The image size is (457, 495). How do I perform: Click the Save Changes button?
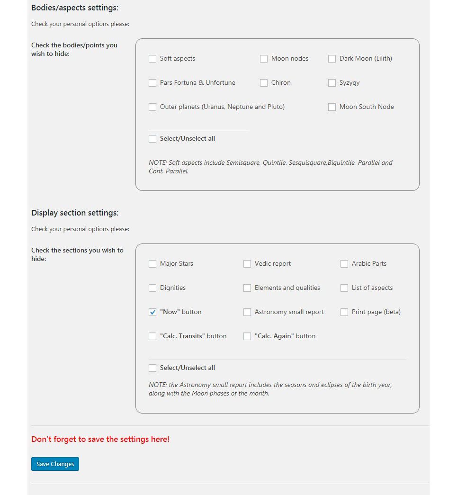click(x=55, y=464)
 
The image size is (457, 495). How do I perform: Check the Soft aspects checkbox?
click(x=152, y=59)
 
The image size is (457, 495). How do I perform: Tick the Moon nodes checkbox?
click(x=264, y=59)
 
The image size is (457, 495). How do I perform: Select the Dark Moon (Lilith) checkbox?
click(x=332, y=59)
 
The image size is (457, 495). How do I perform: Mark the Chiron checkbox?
click(x=264, y=83)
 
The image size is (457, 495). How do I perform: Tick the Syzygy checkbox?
click(x=332, y=83)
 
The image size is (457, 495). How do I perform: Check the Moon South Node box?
click(x=332, y=107)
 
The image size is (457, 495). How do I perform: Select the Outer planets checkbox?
click(x=152, y=107)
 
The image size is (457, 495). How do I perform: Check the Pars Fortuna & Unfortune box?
click(x=152, y=83)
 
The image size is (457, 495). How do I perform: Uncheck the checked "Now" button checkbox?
click(x=152, y=312)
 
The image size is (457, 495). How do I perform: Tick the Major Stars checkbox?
click(x=152, y=264)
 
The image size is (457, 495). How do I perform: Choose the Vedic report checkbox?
click(x=247, y=264)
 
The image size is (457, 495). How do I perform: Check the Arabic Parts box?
click(x=344, y=264)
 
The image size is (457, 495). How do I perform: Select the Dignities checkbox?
click(x=152, y=288)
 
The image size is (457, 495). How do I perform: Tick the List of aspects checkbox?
click(x=344, y=288)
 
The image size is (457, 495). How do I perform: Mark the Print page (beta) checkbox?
click(x=344, y=312)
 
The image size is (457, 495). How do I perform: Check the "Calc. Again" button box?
click(x=247, y=336)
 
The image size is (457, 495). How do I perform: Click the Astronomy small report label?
click(x=289, y=312)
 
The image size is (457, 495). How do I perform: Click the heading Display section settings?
click(x=75, y=213)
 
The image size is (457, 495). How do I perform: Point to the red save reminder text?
click(x=100, y=439)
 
